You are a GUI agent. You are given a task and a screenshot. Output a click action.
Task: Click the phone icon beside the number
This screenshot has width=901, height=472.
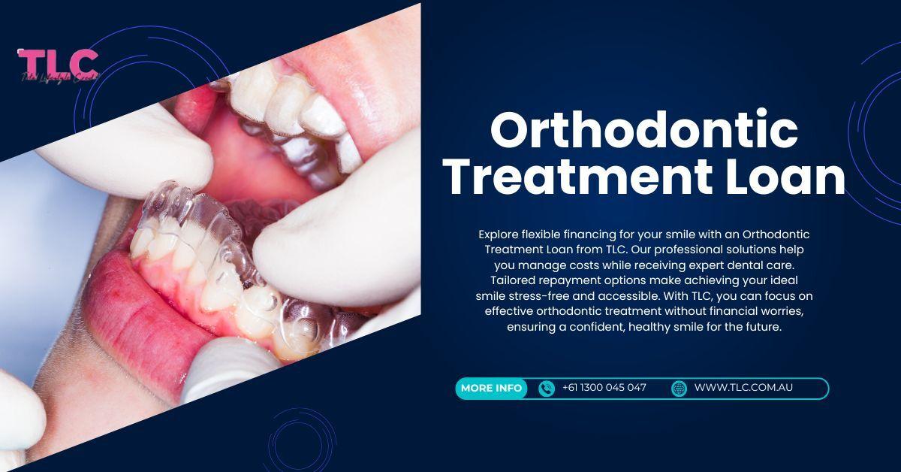(x=547, y=388)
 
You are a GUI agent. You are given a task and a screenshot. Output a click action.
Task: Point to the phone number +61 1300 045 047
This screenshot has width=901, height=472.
(x=604, y=388)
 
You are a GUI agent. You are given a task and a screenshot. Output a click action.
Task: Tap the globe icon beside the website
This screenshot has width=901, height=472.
(x=679, y=388)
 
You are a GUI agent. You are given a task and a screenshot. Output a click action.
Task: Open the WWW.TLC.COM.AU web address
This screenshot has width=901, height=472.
(x=743, y=388)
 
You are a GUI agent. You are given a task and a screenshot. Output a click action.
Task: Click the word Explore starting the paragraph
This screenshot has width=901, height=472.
(x=499, y=234)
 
